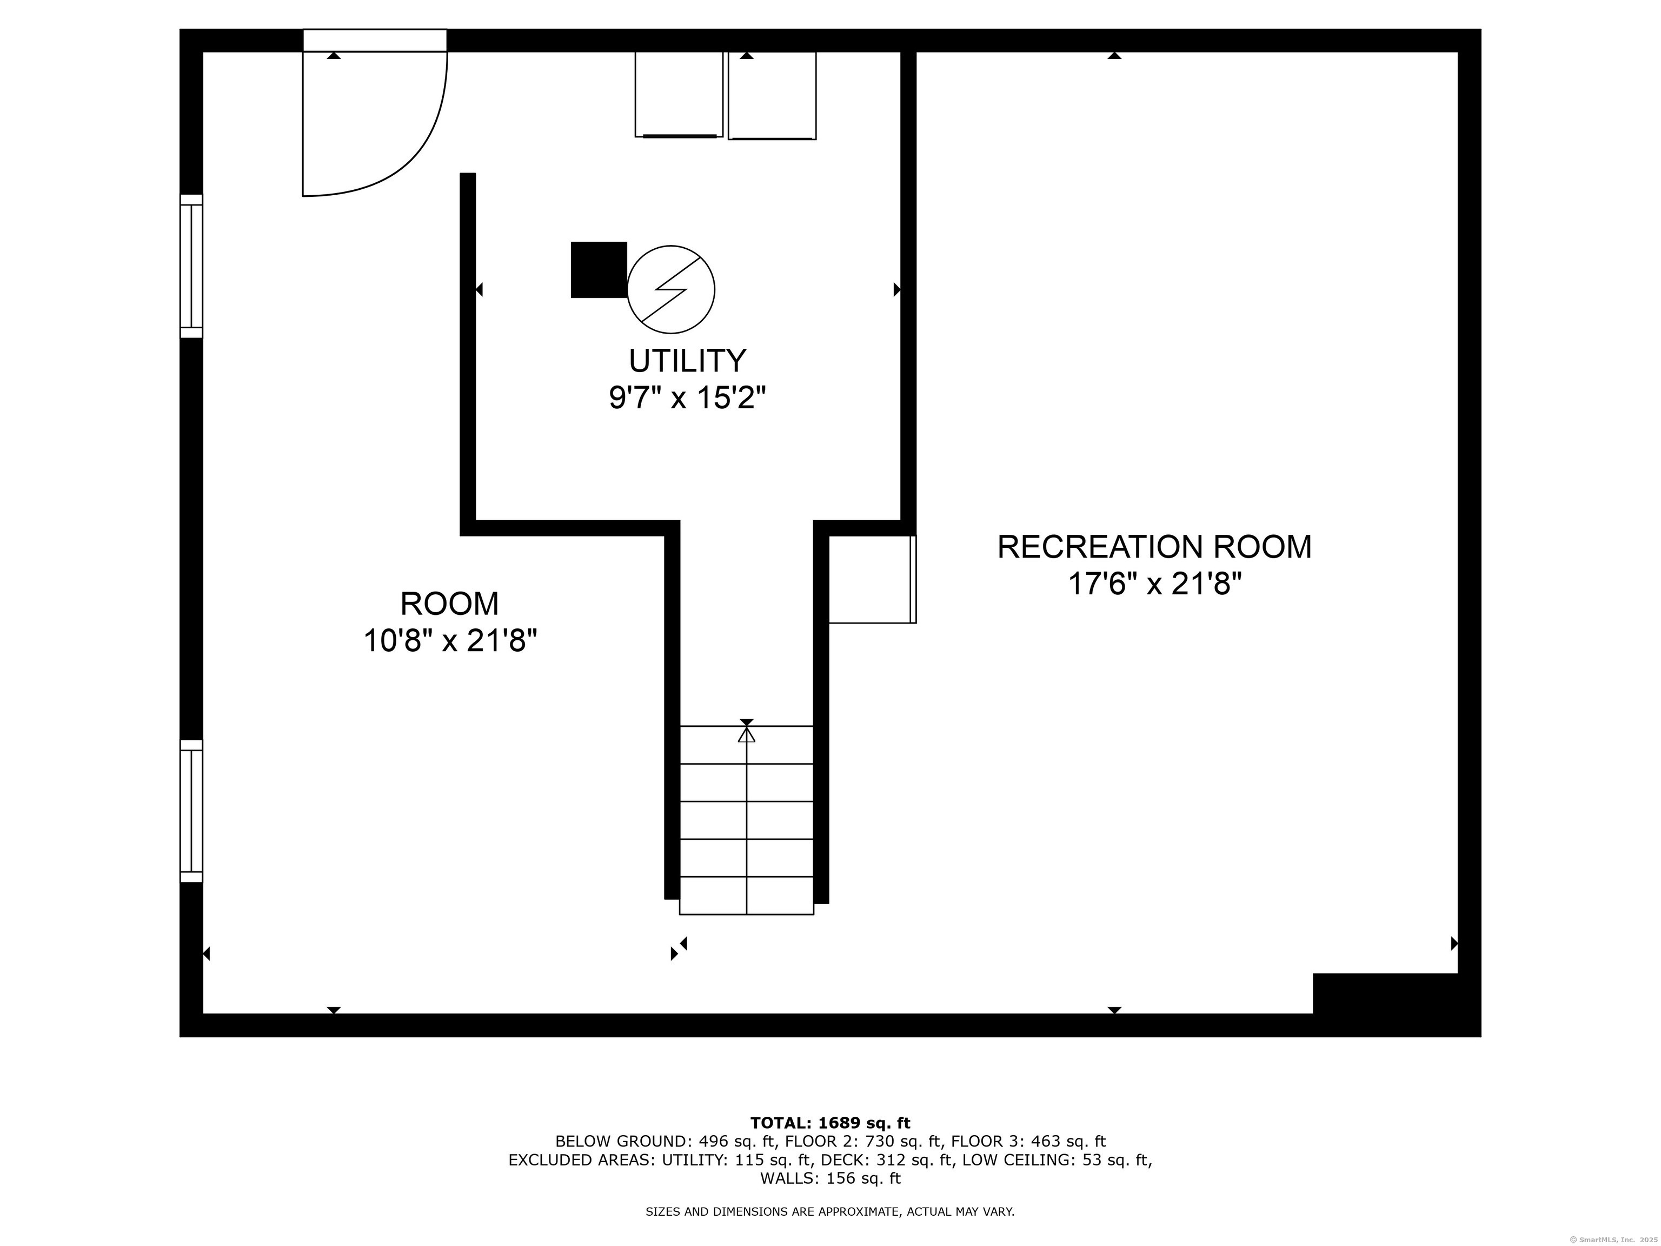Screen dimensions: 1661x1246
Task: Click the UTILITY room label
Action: [687, 361]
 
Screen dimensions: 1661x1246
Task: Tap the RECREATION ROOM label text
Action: [1154, 547]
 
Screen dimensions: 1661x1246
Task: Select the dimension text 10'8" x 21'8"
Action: [450, 641]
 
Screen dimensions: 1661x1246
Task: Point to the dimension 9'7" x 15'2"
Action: [687, 398]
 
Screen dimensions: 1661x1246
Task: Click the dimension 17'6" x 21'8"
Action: [1154, 584]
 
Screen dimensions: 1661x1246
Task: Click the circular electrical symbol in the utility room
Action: [670, 289]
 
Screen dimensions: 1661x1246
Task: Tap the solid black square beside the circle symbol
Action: [599, 270]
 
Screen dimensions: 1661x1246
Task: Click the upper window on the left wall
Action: [191, 266]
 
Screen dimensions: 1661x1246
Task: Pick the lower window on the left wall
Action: [191, 811]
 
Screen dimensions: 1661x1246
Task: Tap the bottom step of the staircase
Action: [746, 895]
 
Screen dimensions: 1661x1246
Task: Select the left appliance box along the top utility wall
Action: [679, 95]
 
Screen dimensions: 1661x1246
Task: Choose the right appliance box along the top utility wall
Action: [772, 95]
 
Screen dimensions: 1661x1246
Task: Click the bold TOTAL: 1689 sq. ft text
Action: [830, 1123]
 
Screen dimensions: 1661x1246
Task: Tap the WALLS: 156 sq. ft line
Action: [830, 1178]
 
